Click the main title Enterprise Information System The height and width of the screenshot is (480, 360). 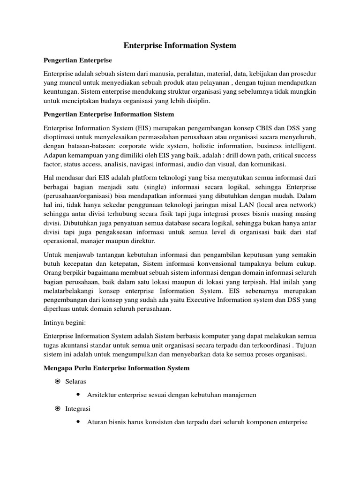(x=180, y=45)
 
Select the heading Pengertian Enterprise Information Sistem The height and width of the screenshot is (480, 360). (x=108, y=114)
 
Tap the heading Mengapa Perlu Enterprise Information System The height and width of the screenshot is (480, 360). (x=116, y=368)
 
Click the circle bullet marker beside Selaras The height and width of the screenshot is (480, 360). (x=57, y=382)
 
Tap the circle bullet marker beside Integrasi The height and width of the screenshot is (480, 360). (x=57, y=409)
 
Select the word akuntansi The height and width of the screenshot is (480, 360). (x=76, y=345)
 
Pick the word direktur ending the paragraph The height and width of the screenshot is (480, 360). (x=143, y=241)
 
